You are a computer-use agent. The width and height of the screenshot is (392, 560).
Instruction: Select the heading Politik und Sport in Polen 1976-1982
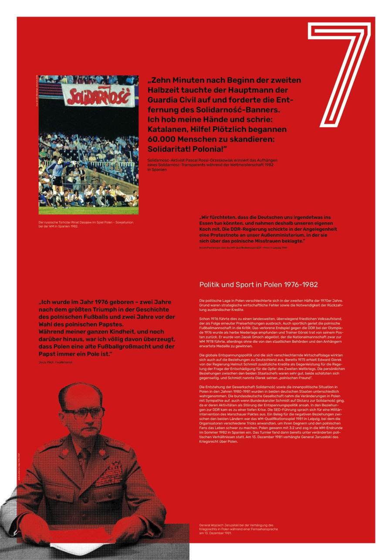(259, 285)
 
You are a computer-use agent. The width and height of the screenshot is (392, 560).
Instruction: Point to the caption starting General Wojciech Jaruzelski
(237, 529)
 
